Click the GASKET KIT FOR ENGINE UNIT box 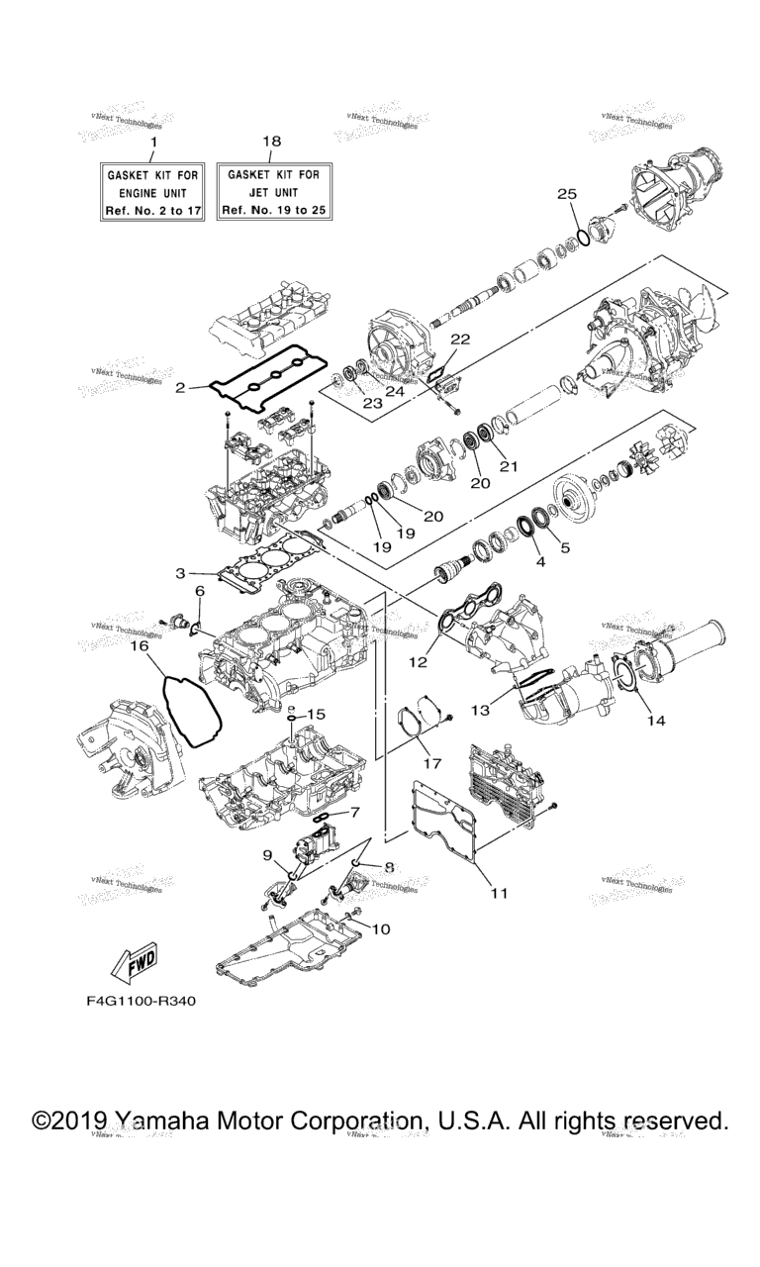(x=152, y=192)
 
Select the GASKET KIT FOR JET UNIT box (x=273, y=192)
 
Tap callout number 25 (x=567, y=193)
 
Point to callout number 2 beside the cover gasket (x=180, y=388)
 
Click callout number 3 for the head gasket (x=180, y=573)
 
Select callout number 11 (x=500, y=893)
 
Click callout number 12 (x=420, y=661)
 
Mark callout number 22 (x=460, y=339)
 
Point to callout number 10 (x=380, y=928)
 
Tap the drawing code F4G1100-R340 (x=141, y=1001)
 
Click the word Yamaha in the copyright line (x=157, y=1121)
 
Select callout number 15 (x=316, y=714)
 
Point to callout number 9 (x=267, y=853)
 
